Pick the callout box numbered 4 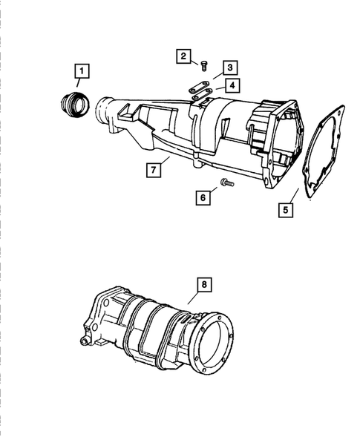[232, 86]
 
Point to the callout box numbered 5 [286, 209]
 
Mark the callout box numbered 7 [153, 171]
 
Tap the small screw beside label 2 [206, 66]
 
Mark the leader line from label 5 [295, 197]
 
